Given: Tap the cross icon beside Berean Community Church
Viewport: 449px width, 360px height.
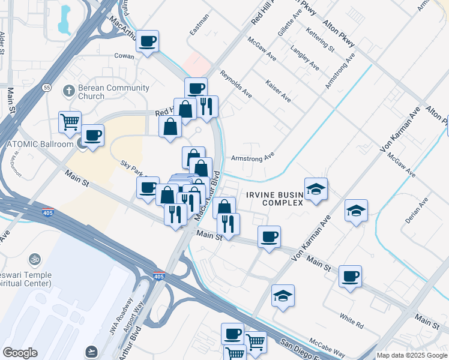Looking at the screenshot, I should pyautogui.click(x=69, y=91).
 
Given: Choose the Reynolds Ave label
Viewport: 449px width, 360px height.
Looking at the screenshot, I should pyautogui.click(x=235, y=86).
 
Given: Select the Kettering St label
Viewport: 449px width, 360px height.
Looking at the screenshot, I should pyautogui.click(x=319, y=38).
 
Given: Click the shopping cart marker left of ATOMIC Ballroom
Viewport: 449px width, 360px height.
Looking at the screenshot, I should pyautogui.click(x=70, y=122).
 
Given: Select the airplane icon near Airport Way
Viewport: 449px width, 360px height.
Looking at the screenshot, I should pyautogui.click(x=91, y=350).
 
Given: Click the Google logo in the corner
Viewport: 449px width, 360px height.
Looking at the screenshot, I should pyautogui.click(x=20, y=353).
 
